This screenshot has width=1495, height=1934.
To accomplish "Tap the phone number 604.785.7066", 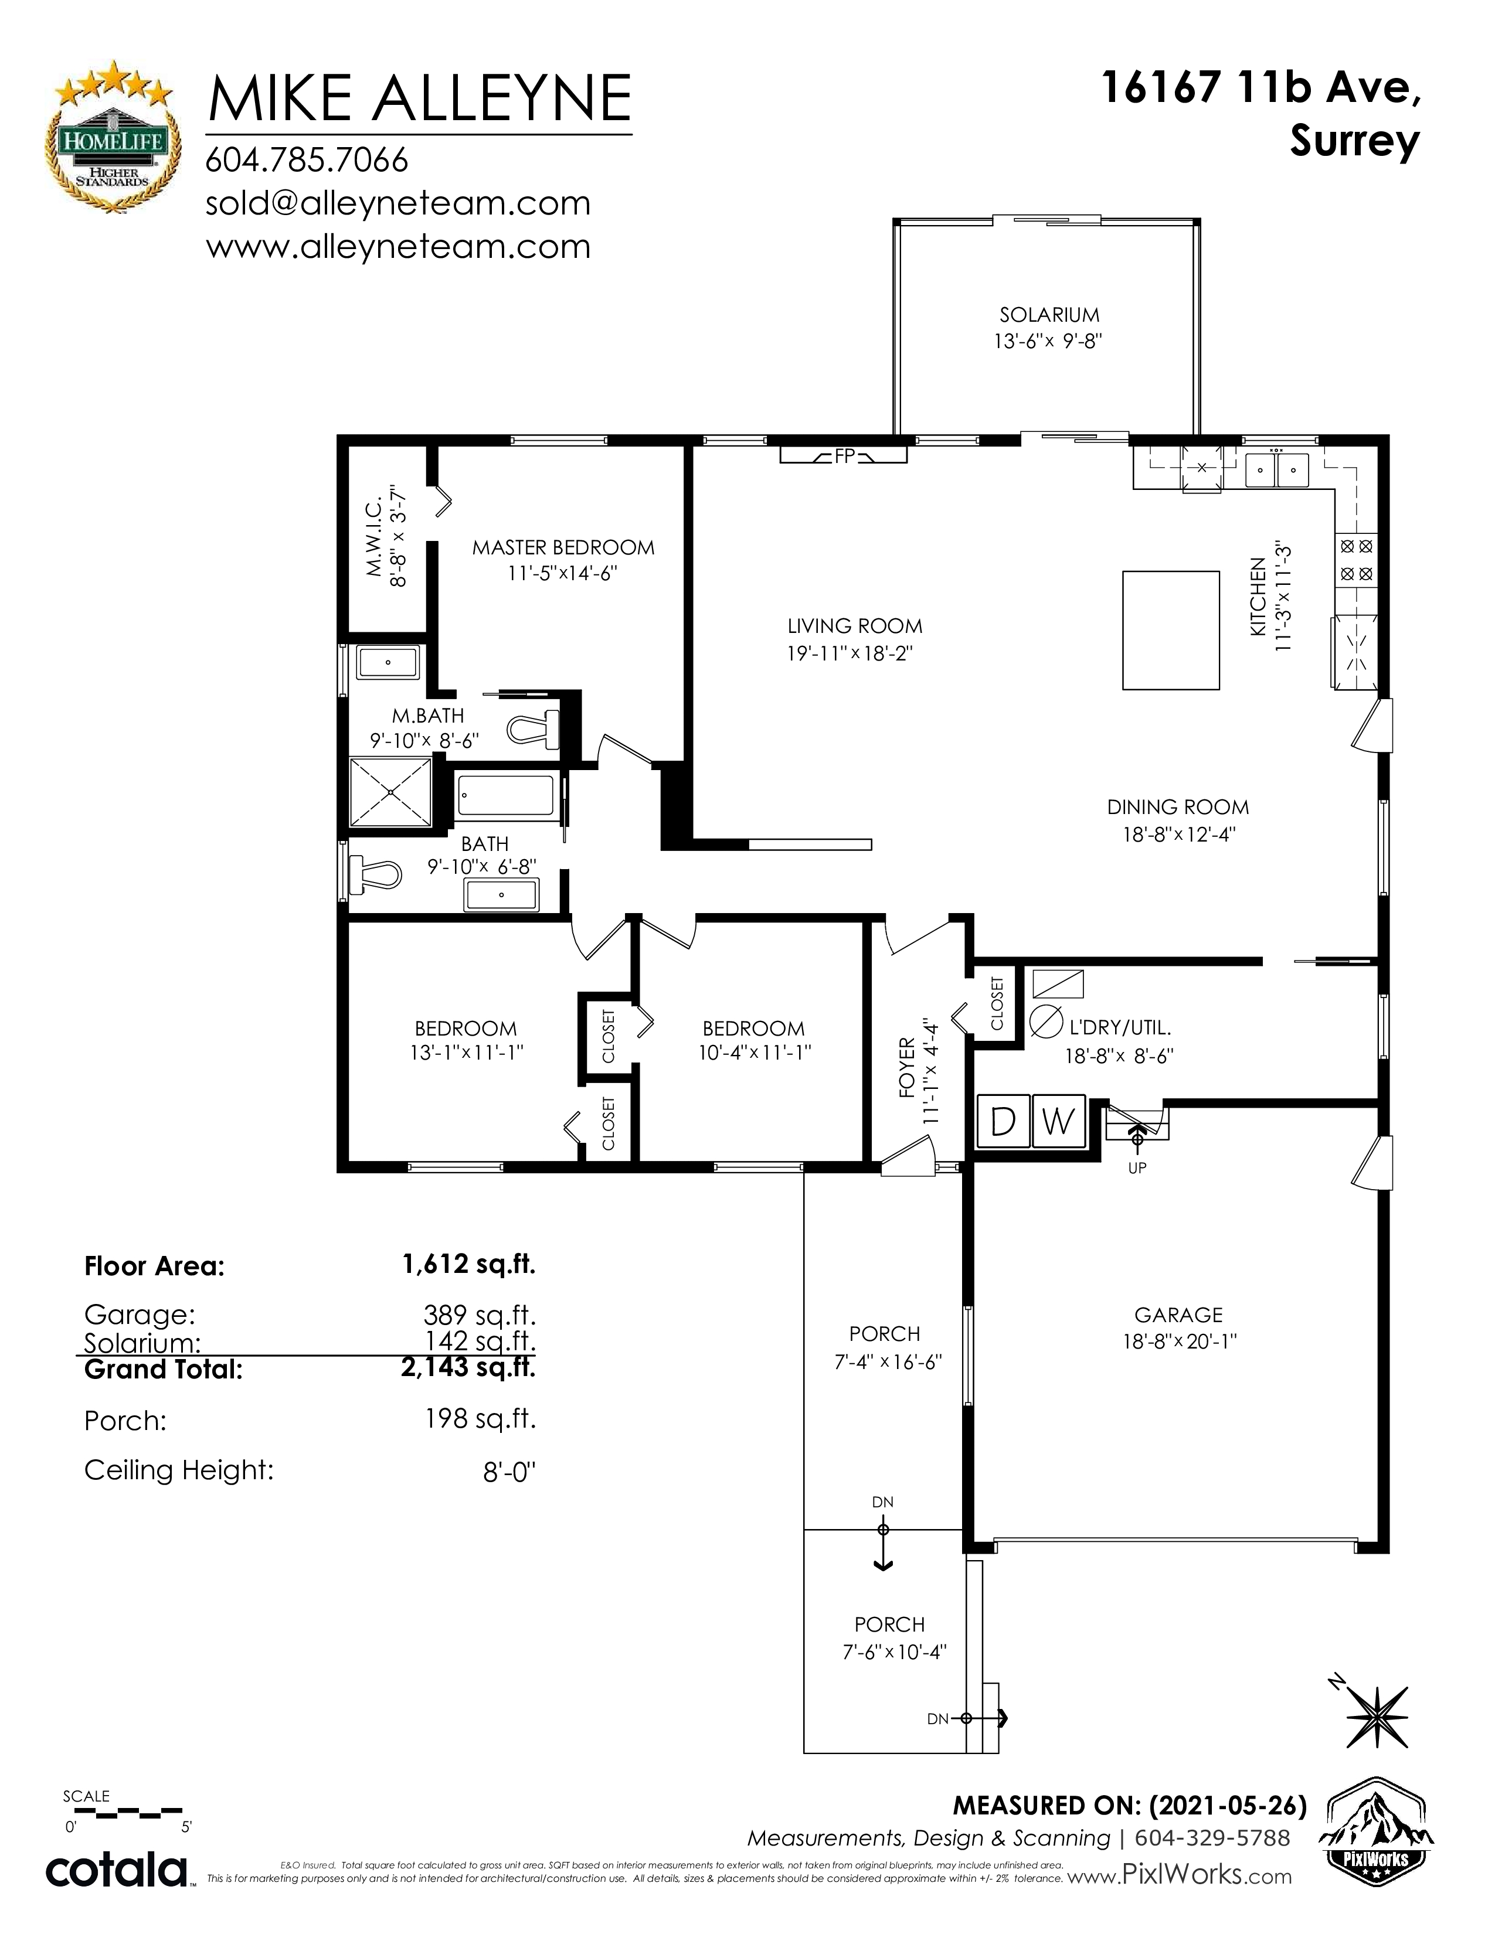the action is [x=307, y=160].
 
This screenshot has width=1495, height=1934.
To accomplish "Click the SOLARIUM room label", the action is [x=1049, y=314].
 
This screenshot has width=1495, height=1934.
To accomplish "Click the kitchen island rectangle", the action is [x=1171, y=629].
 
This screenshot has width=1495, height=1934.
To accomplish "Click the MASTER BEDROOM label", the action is [x=563, y=547].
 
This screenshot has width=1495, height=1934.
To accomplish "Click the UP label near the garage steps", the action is [x=1138, y=1167].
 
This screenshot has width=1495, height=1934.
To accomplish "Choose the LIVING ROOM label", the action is [x=855, y=626].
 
